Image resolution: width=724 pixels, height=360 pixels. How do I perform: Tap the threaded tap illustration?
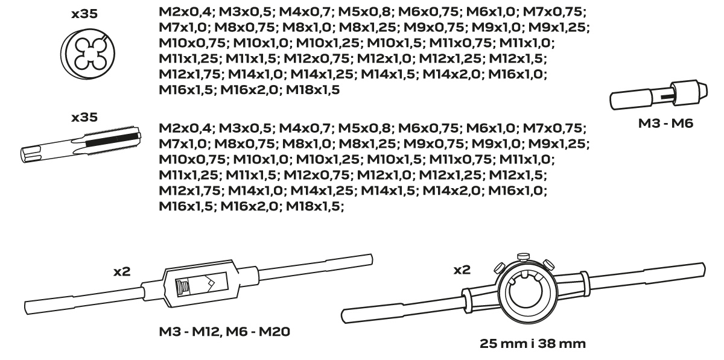[x=81, y=144]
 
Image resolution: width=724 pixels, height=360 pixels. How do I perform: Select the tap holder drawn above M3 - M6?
[x=658, y=95]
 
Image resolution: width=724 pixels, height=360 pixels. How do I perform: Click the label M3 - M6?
[x=665, y=124]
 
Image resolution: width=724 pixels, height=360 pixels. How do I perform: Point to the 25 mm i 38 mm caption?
[x=532, y=344]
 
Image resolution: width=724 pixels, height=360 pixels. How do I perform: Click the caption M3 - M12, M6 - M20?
[x=224, y=332]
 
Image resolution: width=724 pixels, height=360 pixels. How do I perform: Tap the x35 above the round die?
[x=84, y=14]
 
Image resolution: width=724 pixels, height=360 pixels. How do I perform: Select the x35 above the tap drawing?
[x=84, y=118]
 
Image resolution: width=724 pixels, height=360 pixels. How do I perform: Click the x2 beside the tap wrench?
[x=122, y=271]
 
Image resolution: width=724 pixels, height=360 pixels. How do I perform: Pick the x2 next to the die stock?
[x=462, y=270]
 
